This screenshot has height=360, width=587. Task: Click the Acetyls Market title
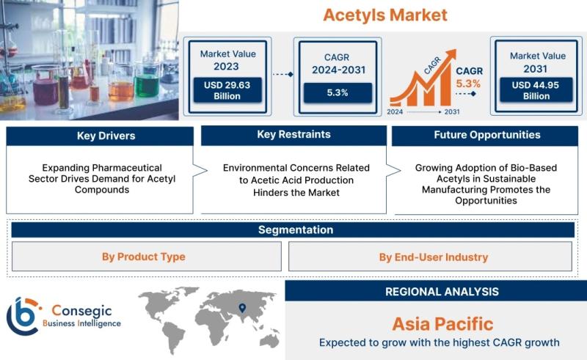pos(384,15)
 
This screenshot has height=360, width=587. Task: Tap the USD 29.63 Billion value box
pos(227,90)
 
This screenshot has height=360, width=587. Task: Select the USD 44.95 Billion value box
pos(536,90)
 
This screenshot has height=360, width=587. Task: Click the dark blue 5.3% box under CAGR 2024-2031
pos(338,92)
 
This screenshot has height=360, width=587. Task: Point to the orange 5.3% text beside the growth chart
pos(468,84)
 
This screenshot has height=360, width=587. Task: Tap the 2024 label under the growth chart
pos(395,111)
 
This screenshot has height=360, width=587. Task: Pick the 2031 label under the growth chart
pos(452,111)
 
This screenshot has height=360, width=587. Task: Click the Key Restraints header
pos(294,135)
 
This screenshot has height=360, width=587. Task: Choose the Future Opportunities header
pos(485,136)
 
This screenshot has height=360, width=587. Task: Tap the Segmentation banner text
pos(296,229)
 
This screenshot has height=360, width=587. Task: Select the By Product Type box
pos(146,257)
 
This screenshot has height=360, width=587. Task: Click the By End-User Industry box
pos(430,257)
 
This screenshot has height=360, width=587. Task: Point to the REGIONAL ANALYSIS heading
pos(442,292)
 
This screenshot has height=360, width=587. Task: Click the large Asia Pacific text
pos(442,324)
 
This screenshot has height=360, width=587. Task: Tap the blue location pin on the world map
pos(242,308)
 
